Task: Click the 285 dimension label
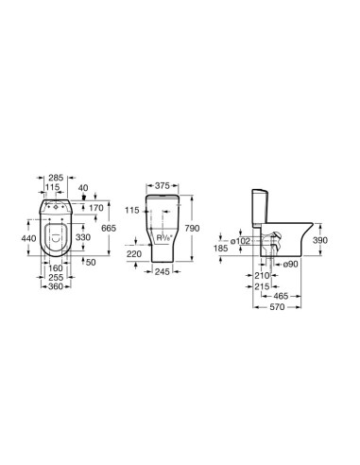56,178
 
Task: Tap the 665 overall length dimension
109,228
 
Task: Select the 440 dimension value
28,238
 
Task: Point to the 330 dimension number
83,237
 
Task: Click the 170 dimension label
96,208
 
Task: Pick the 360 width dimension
56,286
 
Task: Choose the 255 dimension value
56,278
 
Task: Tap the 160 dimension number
56,268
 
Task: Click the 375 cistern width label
163,186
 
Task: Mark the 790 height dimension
192,228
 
